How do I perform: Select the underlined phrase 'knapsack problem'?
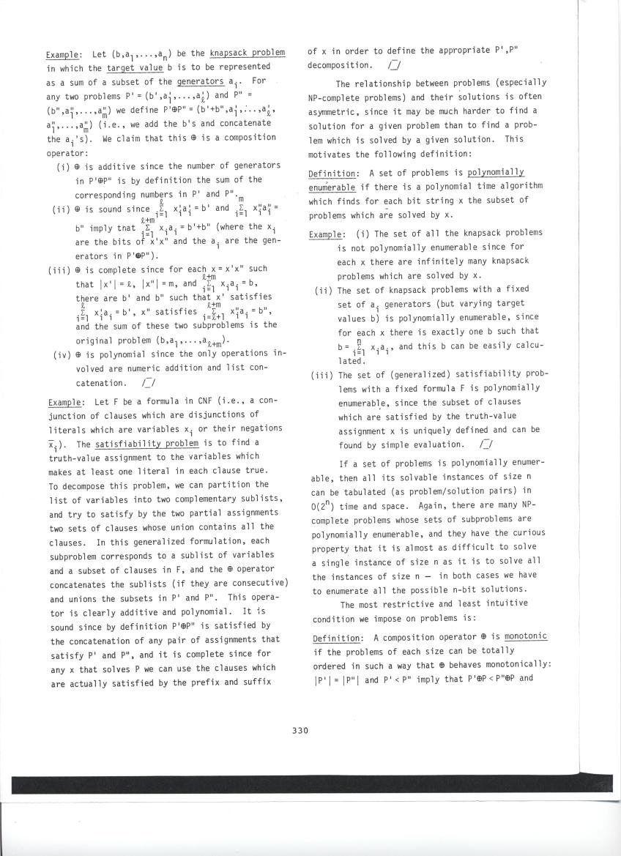click(x=247, y=54)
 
